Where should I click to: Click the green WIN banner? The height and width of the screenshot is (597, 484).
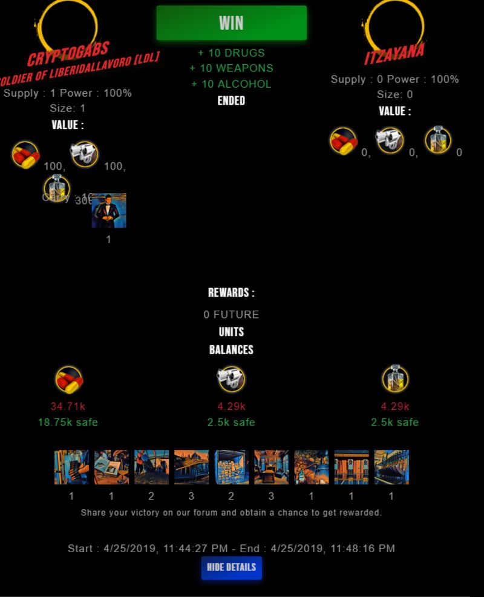coord(231,23)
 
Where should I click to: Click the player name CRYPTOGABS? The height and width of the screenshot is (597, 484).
coord(68,54)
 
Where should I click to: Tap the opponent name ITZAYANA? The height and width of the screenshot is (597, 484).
coord(394,53)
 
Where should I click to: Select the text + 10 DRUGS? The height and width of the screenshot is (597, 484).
coord(231,53)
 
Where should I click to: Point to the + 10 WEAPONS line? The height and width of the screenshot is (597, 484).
coord(231,68)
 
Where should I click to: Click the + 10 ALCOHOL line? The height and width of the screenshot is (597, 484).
coord(231,84)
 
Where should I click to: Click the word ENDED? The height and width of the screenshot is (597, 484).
coord(231,101)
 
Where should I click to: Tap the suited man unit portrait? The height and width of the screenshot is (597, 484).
coord(109,211)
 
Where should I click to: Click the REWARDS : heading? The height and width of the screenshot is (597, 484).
coord(231,293)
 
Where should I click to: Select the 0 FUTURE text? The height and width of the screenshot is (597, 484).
coord(231,315)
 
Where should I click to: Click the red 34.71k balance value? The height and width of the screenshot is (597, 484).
coord(68,406)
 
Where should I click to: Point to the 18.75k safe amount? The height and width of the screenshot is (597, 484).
coord(68,422)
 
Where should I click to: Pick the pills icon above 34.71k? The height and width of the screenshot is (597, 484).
coord(69,380)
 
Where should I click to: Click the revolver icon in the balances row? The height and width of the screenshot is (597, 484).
coord(231,379)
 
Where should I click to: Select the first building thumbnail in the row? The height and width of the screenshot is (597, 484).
coord(71,467)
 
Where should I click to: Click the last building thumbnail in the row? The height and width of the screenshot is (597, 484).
coord(391,467)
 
